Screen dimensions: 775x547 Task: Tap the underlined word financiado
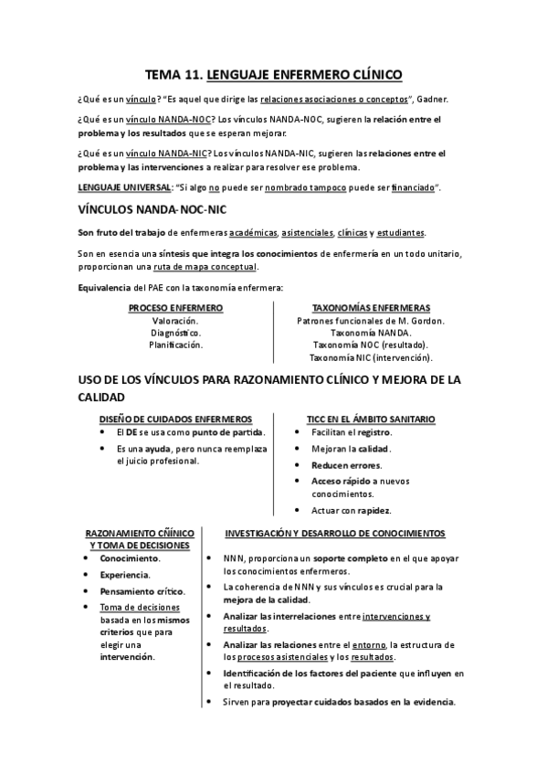(416, 187)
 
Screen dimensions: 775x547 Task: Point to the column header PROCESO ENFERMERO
(175, 308)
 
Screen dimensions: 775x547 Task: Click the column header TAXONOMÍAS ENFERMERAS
(371, 308)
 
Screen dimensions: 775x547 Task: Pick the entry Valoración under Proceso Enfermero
(175, 321)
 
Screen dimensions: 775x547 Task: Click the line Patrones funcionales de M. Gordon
(371, 321)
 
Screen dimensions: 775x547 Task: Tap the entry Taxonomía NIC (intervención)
(371, 358)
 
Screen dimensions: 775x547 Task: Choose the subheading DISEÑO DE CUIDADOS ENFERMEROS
(175, 419)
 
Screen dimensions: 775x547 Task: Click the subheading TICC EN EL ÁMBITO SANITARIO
(371, 419)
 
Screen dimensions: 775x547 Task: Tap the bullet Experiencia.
(125, 575)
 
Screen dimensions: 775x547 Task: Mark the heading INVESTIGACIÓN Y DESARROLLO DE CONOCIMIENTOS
(335, 533)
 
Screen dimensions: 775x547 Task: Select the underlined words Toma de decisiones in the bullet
(140, 608)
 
